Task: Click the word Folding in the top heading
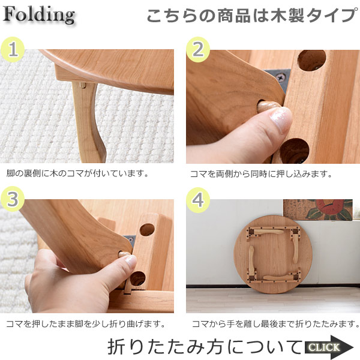tap(38, 14)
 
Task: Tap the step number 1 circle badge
tap(13, 50)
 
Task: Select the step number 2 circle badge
tap(198, 50)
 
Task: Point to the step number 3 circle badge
tap(13, 199)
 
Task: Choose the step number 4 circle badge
tap(198, 200)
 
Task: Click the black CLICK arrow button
tap(329, 347)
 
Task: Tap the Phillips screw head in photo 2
tap(281, 78)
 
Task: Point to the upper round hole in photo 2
tap(312, 60)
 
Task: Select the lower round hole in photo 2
tap(295, 151)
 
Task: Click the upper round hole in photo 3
tap(147, 230)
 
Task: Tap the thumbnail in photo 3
tap(131, 262)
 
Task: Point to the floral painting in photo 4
tap(318, 210)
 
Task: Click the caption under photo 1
tap(77, 173)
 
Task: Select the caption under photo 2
tap(261, 174)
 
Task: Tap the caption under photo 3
tap(86, 324)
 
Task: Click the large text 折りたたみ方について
tap(205, 347)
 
